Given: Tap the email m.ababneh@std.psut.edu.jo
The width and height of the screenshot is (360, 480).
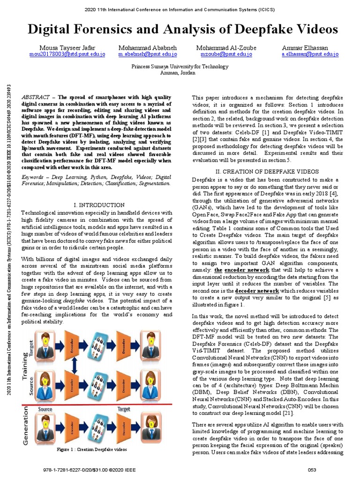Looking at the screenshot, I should (x=144, y=54).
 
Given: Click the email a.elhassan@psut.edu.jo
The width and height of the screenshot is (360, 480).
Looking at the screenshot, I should (x=309, y=54).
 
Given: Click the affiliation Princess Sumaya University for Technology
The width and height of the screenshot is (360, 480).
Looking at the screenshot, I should (x=180, y=67).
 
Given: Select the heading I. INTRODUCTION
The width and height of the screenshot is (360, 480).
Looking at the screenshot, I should (x=99, y=205).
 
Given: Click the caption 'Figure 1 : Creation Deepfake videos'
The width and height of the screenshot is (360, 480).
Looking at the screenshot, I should (x=91, y=449).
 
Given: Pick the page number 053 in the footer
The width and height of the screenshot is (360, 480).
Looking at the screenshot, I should (x=312, y=469).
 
